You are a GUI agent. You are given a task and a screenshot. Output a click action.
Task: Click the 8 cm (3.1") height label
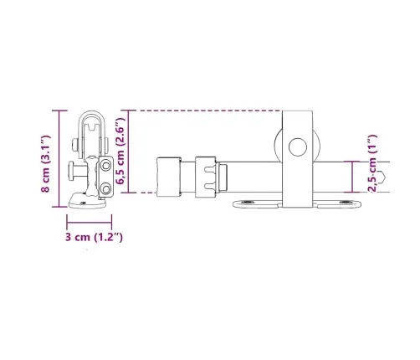(46, 163)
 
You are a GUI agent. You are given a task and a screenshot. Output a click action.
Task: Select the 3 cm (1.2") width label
(94, 237)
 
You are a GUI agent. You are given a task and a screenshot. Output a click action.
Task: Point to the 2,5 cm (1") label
(372, 163)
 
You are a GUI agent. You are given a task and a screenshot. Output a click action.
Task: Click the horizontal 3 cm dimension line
(90, 223)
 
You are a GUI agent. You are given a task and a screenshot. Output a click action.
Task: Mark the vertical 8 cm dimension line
(59, 159)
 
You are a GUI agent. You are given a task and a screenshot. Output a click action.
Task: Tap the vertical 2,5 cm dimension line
(352, 177)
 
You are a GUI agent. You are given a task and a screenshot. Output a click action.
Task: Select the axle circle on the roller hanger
(298, 147)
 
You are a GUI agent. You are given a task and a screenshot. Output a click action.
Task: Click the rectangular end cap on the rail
(169, 177)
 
